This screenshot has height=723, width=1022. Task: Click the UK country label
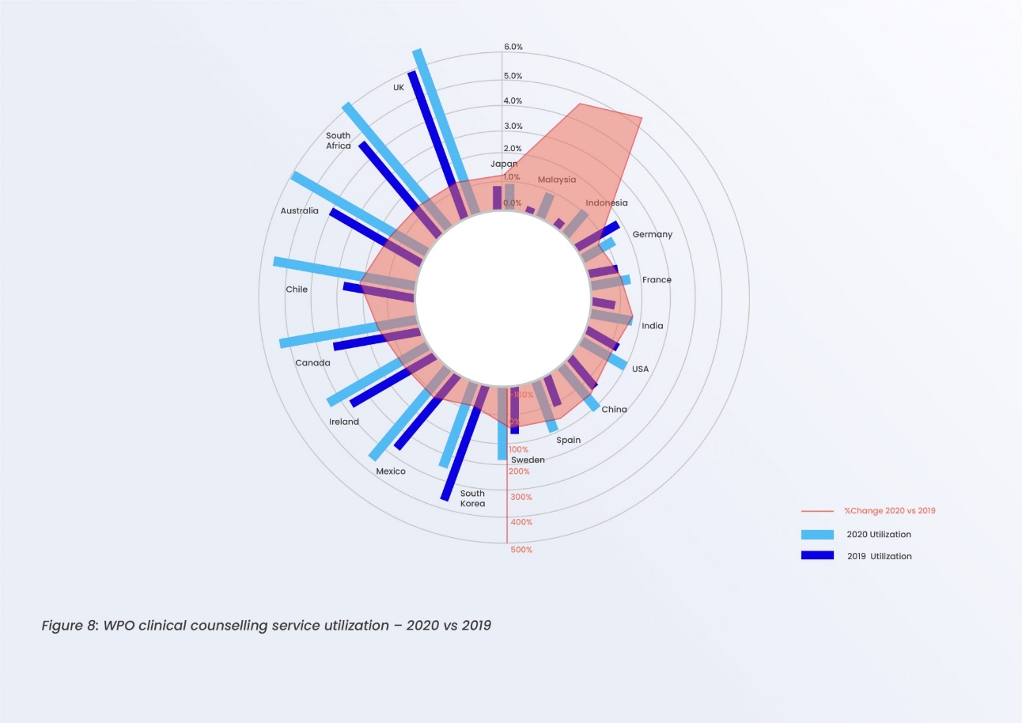pos(399,87)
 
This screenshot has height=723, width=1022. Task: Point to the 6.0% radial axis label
pos(513,47)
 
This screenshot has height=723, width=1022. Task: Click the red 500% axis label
pos(521,550)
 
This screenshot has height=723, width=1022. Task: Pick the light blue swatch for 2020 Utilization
pos(817,535)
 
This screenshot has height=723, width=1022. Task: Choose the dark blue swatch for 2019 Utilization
pos(817,555)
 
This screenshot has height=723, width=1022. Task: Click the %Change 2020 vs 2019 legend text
pos(889,511)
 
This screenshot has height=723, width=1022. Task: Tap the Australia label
pos(300,210)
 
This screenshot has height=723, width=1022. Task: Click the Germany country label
pos(652,234)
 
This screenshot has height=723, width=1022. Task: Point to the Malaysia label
pos(557,180)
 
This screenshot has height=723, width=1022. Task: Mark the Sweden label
pos(528,460)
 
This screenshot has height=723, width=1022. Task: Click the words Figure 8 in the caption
pos(70,626)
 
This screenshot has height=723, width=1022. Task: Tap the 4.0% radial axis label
pos(513,101)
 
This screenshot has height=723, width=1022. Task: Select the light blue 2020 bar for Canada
pos(324,335)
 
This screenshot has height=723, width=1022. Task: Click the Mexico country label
pos(391,471)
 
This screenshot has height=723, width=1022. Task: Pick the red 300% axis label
pos(521,497)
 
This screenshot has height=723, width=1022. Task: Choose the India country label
pos(653,326)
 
